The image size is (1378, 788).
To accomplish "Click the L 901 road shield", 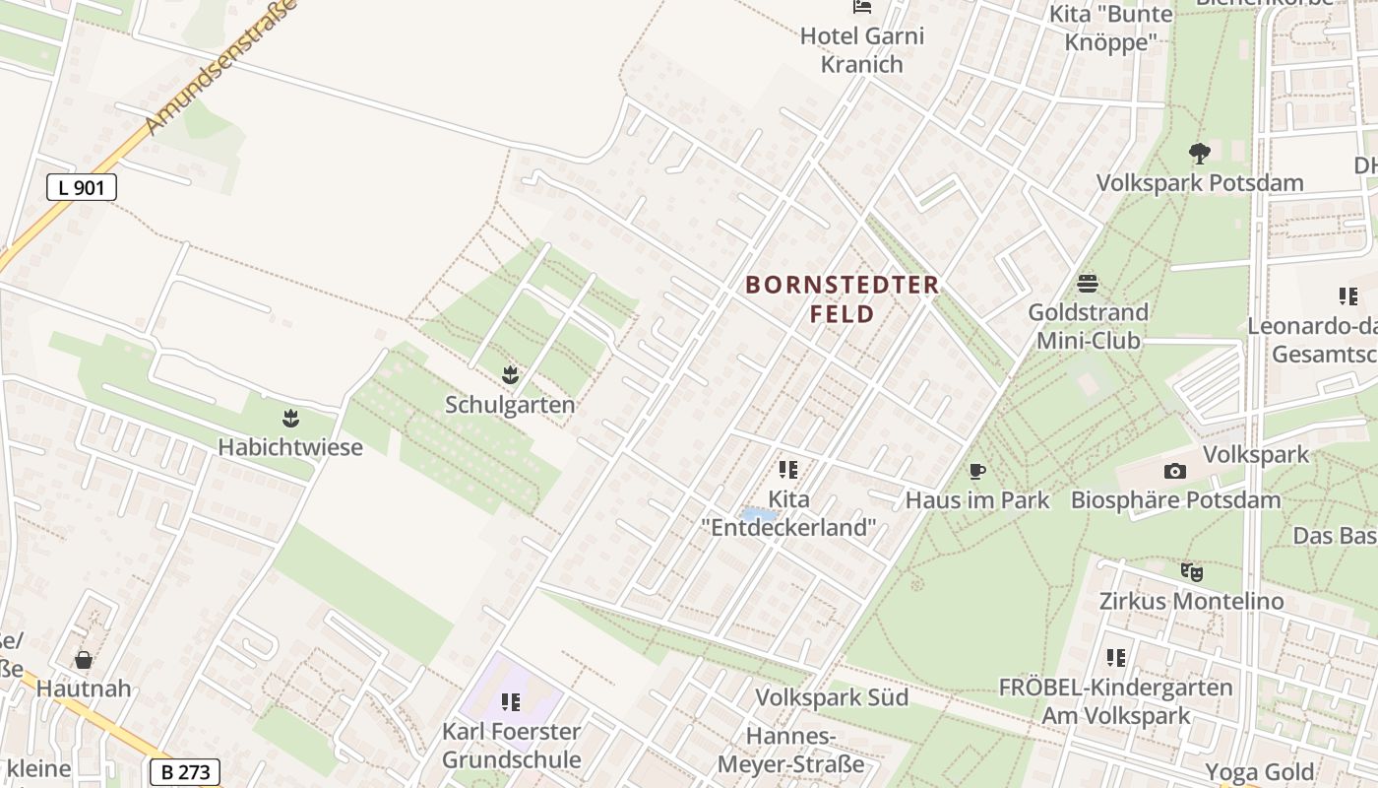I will [82, 187].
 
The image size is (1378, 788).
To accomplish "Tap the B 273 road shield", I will [185, 772].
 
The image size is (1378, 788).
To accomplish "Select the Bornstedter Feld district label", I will [842, 299].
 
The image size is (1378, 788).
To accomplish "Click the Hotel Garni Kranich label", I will [862, 50].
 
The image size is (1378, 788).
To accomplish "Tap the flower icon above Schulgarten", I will [510, 374].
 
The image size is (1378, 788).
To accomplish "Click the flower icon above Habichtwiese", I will [290, 418].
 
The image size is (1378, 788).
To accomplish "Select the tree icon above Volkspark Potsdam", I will [1199, 153].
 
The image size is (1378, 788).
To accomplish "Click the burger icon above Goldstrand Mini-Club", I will [1088, 284].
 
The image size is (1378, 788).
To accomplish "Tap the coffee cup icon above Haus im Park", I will [977, 471].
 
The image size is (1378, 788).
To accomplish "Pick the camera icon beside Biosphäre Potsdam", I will [1174, 472].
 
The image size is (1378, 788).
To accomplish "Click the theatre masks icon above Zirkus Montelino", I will [1191, 571].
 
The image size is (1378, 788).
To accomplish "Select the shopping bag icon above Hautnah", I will [84, 659].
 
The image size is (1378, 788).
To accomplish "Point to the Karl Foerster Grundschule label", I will [511, 746].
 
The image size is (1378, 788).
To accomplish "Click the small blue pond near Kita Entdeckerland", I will [758, 515].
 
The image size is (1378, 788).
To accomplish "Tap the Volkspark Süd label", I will [832, 697].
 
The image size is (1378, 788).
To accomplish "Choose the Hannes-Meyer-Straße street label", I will [790, 751].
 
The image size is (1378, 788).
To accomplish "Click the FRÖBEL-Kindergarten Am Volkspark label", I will [1115, 701].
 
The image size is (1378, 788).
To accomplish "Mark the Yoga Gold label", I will [1261, 771].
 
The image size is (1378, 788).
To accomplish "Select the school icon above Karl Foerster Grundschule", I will [510, 701].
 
